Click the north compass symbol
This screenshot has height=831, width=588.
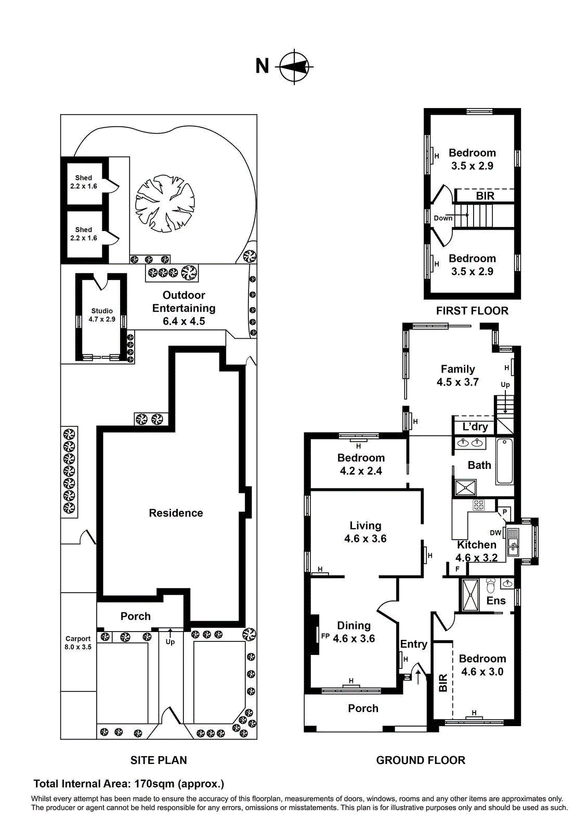295,66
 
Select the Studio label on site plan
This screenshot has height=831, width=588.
102,315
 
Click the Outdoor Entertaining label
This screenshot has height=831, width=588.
184,308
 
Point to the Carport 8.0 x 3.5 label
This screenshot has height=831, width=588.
78,643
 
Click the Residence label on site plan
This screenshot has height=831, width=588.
176,513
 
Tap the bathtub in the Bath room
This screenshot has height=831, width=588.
504,461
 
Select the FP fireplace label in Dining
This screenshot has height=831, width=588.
325,636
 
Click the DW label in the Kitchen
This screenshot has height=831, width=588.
495,533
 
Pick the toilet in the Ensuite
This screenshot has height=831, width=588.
491,586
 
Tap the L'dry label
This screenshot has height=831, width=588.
475,427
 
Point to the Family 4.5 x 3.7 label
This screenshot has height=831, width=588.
458,376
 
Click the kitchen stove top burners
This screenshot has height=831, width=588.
478,505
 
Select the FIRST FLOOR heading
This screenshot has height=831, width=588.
472,311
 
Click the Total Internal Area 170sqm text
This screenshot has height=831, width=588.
129,784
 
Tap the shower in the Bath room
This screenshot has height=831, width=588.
465,488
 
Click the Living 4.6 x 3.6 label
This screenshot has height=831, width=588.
365,532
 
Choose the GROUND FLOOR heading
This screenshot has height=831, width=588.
421,760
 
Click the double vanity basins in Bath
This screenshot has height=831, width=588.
471,443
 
